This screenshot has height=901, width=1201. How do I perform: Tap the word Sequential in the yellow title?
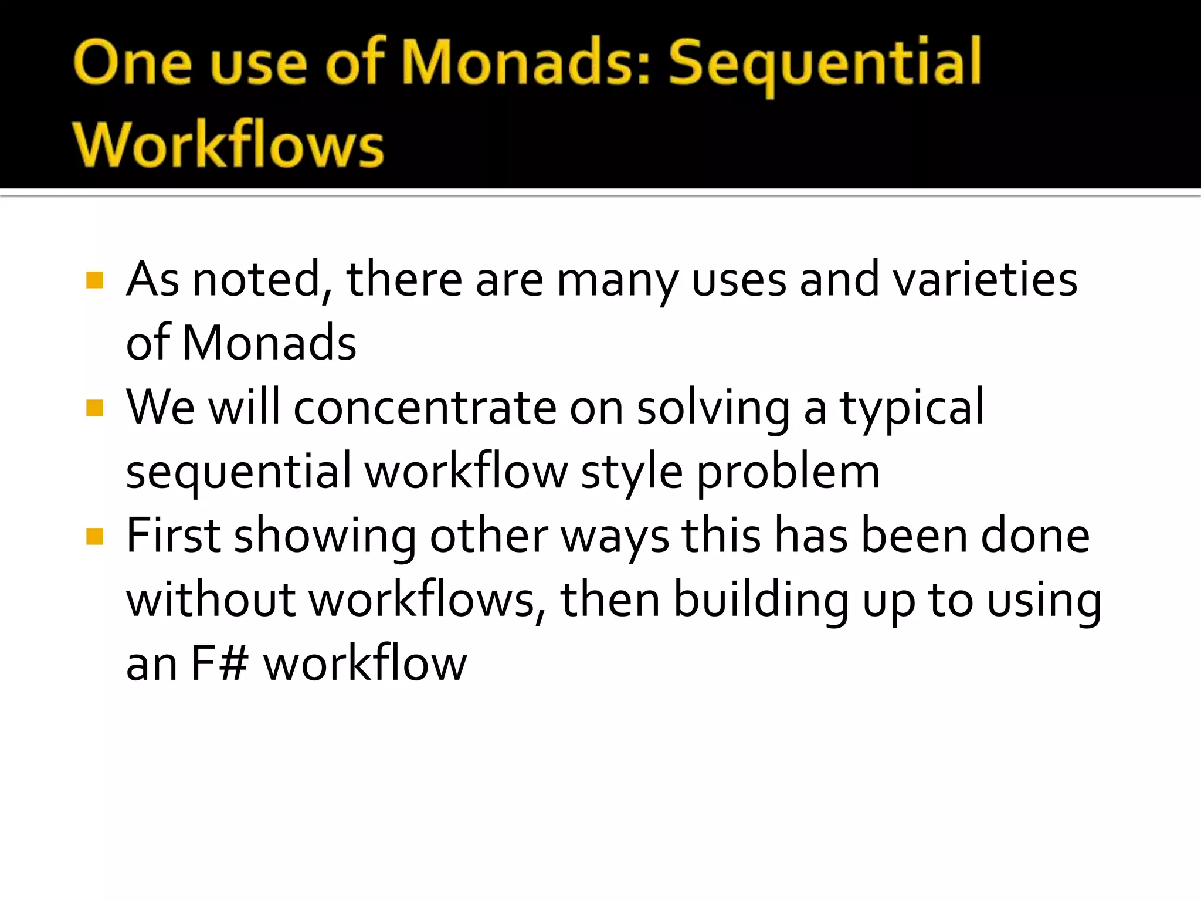tap(825, 63)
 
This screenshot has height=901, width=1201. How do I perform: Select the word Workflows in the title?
tap(228, 144)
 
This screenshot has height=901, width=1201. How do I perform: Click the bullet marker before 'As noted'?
tap(94, 280)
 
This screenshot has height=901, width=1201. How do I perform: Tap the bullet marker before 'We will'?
tap(94, 408)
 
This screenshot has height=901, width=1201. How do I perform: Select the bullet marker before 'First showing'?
tap(94, 536)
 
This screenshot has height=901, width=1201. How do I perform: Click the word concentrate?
tap(425, 408)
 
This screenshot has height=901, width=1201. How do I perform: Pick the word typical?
tap(912, 409)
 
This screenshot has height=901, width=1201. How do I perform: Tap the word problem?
tap(788, 472)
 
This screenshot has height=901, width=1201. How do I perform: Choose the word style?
tap(632, 472)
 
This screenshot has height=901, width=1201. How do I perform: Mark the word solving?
tap(713, 409)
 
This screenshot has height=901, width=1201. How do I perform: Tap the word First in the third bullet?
tap(174, 536)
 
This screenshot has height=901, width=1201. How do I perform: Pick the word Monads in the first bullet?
tap(269, 343)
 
